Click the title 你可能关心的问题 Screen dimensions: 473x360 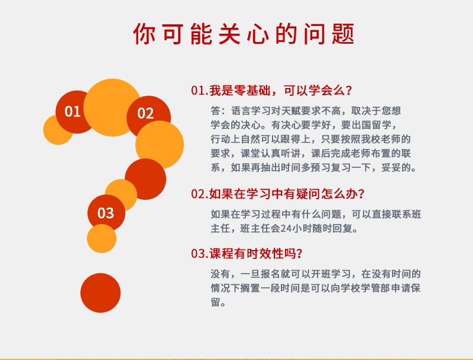[x=244, y=34]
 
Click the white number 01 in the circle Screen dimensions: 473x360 [x=72, y=112]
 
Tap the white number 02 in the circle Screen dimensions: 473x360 [x=145, y=113]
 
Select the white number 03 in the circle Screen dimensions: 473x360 [x=106, y=213]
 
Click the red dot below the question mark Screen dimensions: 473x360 [x=101, y=293]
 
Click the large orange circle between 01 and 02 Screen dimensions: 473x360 [x=112, y=108]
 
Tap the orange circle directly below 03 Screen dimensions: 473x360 [x=102, y=238]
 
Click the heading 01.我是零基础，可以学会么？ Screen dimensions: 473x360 [x=271, y=90]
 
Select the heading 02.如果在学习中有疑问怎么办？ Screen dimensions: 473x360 [x=278, y=193]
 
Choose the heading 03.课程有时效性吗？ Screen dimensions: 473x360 [x=247, y=253]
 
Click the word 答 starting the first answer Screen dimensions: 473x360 [x=216, y=111]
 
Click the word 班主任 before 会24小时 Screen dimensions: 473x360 [x=255, y=229]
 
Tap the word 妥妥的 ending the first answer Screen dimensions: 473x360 [x=396, y=167]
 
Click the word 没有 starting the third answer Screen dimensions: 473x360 [x=221, y=274]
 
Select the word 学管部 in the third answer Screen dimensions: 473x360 [x=375, y=288]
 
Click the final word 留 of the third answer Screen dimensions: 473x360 [x=216, y=303]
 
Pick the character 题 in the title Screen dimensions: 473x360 [x=343, y=34]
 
